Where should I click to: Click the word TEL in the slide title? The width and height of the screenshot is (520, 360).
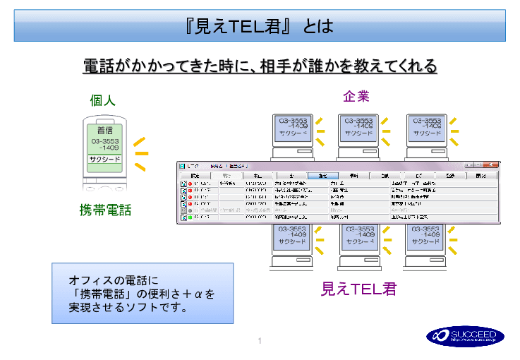click(x=246, y=27)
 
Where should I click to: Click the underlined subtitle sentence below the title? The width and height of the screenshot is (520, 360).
click(x=260, y=66)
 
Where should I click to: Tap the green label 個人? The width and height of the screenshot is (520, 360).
click(x=102, y=100)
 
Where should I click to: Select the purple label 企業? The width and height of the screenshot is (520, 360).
click(x=356, y=96)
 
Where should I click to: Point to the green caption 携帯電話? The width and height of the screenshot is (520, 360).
click(x=105, y=210)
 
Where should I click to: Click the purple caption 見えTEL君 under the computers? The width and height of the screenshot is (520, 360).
click(x=358, y=289)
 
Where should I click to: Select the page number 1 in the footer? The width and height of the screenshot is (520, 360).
click(x=260, y=342)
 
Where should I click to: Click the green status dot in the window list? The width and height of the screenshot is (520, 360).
click(x=189, y=217)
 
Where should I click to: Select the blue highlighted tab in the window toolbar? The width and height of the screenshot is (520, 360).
click(x=322, y=174)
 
